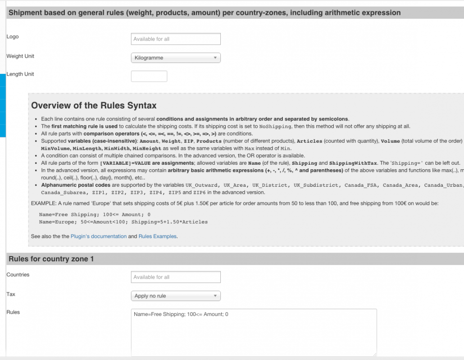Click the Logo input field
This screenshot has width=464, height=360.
tap(176, 39)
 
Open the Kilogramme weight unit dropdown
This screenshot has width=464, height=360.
tap(176, 58)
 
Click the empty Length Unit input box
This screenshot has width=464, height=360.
tap(149, 76)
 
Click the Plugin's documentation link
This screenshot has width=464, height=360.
tap(99, 236)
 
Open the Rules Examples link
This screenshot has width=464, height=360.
tap(158, 236)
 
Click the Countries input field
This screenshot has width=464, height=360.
tap(176, 277)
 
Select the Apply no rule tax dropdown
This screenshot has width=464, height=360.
tap(176, 296)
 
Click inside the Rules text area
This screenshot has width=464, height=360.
tap(254, 333)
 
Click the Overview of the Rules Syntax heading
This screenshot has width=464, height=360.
tap(94, 106)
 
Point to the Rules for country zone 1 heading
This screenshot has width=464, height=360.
tap(51, 259)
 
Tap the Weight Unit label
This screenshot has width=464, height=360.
tap(20, 56)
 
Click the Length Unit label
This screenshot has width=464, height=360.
tap(20, 74)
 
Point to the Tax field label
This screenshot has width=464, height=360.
tap(11, 294)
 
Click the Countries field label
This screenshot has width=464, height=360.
tap(18, 275)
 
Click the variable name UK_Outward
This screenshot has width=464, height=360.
tap(201, 185)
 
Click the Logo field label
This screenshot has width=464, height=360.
tap(13, 36)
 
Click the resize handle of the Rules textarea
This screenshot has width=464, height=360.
tap(375, 354)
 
